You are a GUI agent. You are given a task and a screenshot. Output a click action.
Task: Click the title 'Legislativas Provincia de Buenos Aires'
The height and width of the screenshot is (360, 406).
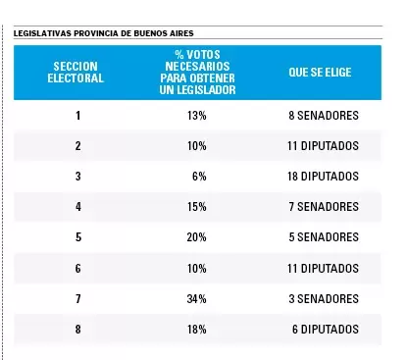coord(104,33)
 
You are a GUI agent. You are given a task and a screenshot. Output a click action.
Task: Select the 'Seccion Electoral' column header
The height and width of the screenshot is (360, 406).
coord(76,73)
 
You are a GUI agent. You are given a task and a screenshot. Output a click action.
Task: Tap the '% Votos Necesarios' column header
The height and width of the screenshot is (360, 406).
coord(197,73)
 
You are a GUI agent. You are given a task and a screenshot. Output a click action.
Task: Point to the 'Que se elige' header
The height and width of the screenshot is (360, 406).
coord(320,73)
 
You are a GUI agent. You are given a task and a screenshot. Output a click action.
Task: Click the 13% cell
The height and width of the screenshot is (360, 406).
coord(197,116)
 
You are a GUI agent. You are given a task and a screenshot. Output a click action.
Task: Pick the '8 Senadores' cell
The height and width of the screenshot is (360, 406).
coord(324,116)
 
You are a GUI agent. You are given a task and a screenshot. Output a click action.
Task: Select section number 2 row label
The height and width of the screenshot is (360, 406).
coord(77,146)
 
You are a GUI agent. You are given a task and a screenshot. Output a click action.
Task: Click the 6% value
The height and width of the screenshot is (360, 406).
coord(199,177)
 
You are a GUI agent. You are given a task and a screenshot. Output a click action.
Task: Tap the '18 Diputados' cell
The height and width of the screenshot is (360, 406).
coord(323,177)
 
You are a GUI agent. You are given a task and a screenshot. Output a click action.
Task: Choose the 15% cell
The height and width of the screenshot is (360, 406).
coord(197,207)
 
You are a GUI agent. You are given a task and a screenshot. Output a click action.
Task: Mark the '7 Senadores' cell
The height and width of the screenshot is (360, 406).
coord(324,207)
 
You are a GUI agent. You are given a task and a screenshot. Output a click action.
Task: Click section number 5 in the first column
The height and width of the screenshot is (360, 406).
coord(78,237)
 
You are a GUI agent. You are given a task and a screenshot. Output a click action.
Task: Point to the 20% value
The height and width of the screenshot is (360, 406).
coord(196,237)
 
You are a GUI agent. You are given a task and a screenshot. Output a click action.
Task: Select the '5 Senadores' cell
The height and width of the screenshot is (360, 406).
coord(324,237)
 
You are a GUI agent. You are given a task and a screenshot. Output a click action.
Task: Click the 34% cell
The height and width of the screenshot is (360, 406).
coord(196,299)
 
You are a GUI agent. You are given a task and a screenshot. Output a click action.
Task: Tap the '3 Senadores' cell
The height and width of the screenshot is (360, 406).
coord(324,299)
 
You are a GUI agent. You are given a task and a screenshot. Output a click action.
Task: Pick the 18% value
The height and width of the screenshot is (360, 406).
coord(197,330)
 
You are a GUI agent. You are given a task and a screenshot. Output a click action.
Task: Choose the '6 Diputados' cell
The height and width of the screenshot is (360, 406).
coord(326,330)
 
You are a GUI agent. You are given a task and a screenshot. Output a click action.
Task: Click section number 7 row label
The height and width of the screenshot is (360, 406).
coord(77,299)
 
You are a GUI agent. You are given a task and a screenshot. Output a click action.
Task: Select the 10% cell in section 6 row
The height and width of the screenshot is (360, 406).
coord(197,269)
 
